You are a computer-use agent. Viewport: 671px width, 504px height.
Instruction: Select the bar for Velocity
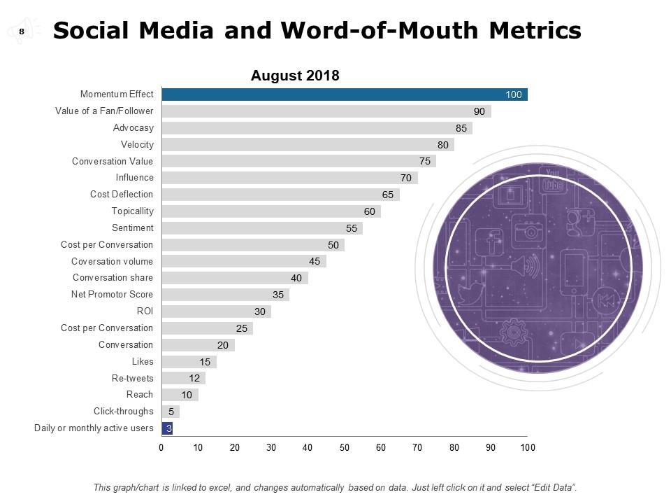(x=308, y=145)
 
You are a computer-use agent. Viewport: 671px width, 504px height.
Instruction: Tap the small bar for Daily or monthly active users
(x=167, y=428)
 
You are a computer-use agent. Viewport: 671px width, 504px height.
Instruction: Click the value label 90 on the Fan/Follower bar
(x=479, y=111)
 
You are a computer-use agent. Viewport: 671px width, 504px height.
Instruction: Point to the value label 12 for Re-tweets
(x=195, y=378)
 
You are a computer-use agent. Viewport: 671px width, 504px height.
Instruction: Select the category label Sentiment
(x=133, y=228)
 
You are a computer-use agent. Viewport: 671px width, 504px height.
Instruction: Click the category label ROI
(x=145, y=311)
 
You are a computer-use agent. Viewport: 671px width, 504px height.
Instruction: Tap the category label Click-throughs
(x=124, y=412)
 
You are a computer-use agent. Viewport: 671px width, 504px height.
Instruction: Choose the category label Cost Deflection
(x=122, y=195)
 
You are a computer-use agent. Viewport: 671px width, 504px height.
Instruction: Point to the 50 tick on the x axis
(x=345, y=447)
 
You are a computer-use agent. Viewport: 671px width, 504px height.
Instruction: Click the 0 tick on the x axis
(x=161, y=447)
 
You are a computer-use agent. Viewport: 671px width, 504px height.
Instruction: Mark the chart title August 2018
(x=295, y=76)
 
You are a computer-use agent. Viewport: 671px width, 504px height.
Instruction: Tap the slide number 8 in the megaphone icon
(x=22, y=31)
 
